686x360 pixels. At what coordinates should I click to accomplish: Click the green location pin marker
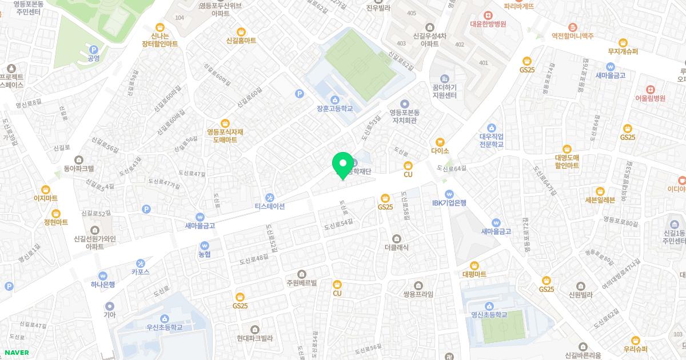tap(343, 164)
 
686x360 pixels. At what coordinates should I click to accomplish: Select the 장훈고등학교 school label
tap(334, 109)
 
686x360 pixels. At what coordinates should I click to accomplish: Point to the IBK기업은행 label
tap(449, 202)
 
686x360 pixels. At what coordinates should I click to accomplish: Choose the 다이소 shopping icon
tap(440, 142)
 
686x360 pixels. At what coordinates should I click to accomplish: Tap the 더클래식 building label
tap(396, 247)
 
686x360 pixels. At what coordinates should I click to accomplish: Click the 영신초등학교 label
tap(489, 314)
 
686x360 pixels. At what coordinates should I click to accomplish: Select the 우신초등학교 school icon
tap(165, 318)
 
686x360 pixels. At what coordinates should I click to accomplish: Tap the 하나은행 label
tap(103, 284)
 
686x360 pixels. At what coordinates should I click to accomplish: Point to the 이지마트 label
tap(46, 198)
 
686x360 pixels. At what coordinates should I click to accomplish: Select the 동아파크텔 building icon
tap(79, 159)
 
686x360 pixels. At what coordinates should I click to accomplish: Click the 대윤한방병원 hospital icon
tap(488, 15)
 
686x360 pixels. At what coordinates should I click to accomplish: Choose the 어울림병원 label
tap(650, 98)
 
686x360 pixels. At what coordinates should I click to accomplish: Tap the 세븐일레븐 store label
tap(600, 200)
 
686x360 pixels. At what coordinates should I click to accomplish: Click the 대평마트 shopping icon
tap(474, 265)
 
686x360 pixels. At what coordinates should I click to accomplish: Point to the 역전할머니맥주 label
tap(572, 36)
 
